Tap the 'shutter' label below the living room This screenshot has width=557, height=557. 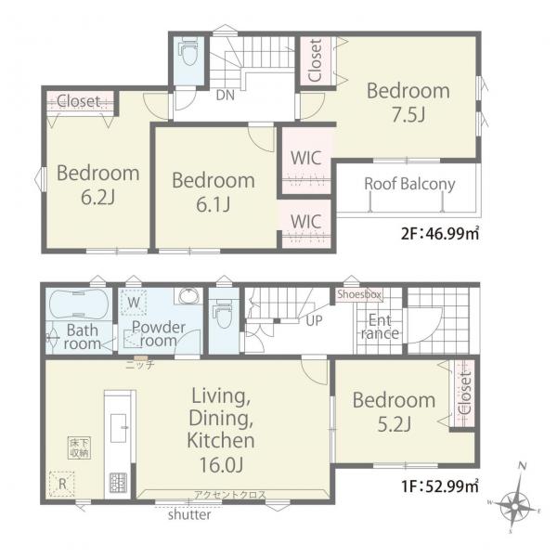[x=189, y=514]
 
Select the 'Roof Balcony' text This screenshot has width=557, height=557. [x=409, y=184]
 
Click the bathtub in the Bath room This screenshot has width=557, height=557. [x=79, y=304]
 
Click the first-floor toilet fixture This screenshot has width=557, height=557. [x=223, y=313]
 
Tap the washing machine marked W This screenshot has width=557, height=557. [x=134, y=303]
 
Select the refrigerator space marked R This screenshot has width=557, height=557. [x=62, y=484]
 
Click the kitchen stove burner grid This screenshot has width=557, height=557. [x=118, y=483]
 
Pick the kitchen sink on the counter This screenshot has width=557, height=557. [x=119, y=428]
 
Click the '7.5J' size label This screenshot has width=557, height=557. [x=408, y=114]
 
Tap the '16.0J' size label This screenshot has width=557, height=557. [x=221, y=464]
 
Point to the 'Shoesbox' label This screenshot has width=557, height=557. [x=359, y=294]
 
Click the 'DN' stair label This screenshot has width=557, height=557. [x=226, y=96]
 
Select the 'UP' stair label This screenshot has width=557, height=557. [x=314, y=321]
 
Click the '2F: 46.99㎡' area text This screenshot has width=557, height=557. [x=440, y=234]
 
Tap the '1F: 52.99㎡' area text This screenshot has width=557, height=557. [x=440, y=486]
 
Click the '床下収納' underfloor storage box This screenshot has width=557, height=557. [x=80, y=447]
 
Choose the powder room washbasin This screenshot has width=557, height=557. [x=189, y=296]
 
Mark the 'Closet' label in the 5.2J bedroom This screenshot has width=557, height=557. [x=465, y=393]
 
